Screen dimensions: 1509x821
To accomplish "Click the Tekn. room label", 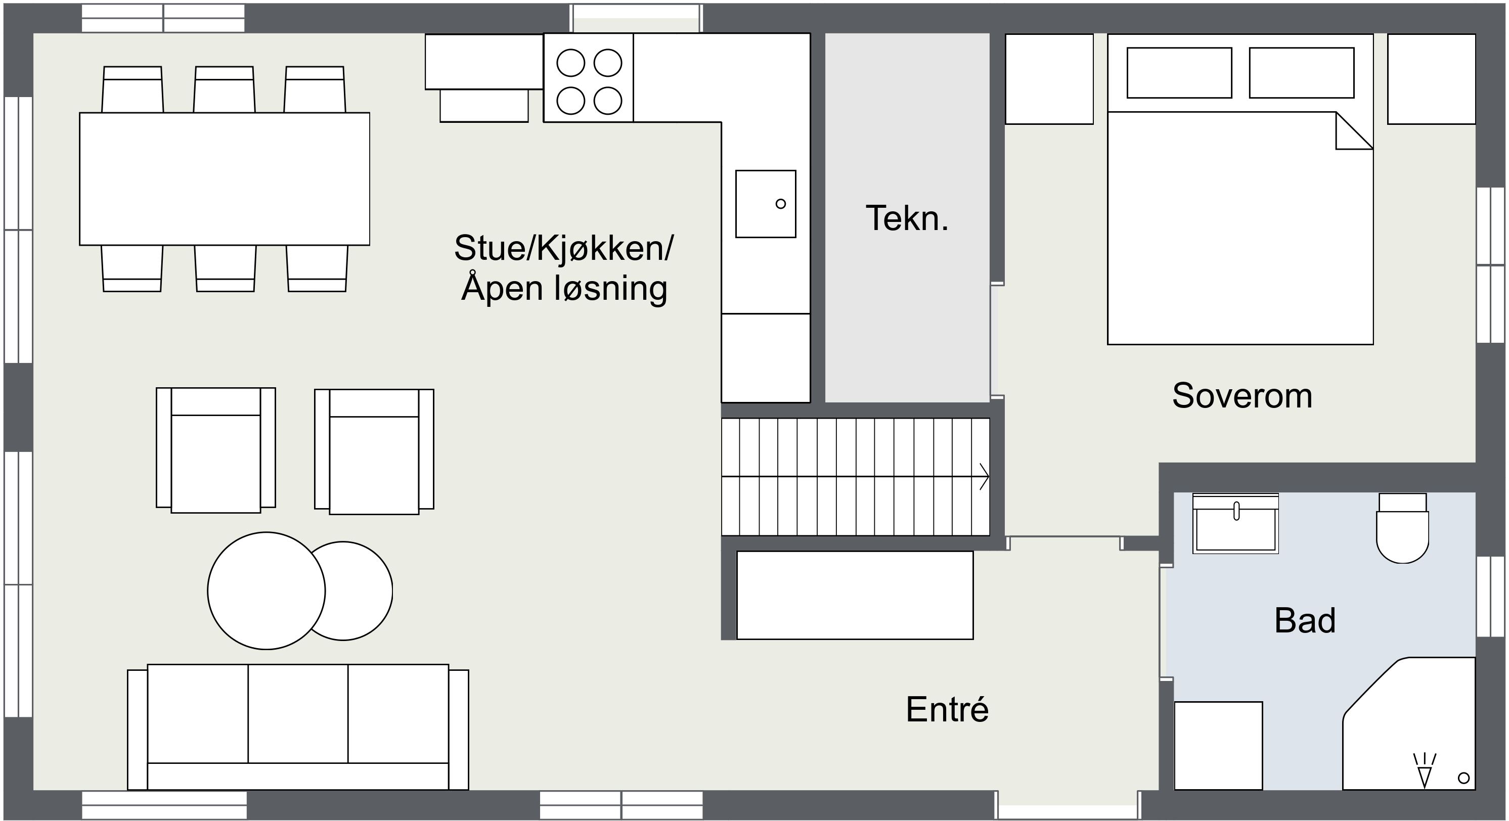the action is click(907, 218).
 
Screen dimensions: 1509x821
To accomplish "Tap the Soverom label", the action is click(1242, 395).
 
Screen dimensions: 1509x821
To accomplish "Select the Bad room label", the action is click(1305, 620).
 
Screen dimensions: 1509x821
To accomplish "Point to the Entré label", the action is click(947, 709).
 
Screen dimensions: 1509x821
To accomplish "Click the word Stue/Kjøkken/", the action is click(563, 248).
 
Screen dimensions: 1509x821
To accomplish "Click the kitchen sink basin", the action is click(766, 204).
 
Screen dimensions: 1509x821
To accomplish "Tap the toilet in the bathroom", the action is click(1402, 528).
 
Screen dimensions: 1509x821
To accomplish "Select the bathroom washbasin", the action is click(1235, 524).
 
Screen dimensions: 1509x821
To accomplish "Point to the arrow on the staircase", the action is click(855, 477).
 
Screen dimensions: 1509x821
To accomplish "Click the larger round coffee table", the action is click(266, 591).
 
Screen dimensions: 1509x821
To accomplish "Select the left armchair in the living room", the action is click(215, 450).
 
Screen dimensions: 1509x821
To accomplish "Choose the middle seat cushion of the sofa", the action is click(298, 713).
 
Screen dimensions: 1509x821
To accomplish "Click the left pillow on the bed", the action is click(1179, 73).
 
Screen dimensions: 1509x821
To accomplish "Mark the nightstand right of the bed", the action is click(1431, 79).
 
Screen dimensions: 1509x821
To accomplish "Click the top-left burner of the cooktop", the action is click(570, 63).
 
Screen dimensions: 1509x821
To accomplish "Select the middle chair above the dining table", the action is click(225, 89).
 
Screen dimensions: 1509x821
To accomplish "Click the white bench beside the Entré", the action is click(855, 595).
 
